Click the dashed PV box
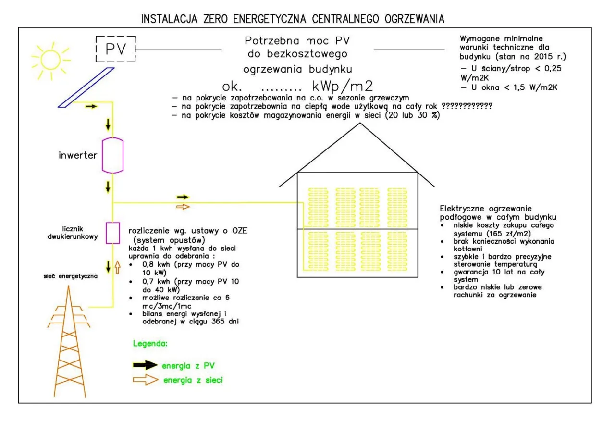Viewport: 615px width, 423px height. (115, 49)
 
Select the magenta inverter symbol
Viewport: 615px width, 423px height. (113, 155)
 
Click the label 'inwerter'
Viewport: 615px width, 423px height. (78, 156)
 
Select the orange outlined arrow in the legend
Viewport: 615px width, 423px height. (145, 380)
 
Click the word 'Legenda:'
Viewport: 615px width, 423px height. (150, 344)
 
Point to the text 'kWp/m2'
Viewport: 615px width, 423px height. (342, 87)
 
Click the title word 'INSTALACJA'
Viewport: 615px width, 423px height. (169, 19)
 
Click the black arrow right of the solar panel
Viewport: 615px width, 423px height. (91, 106)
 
